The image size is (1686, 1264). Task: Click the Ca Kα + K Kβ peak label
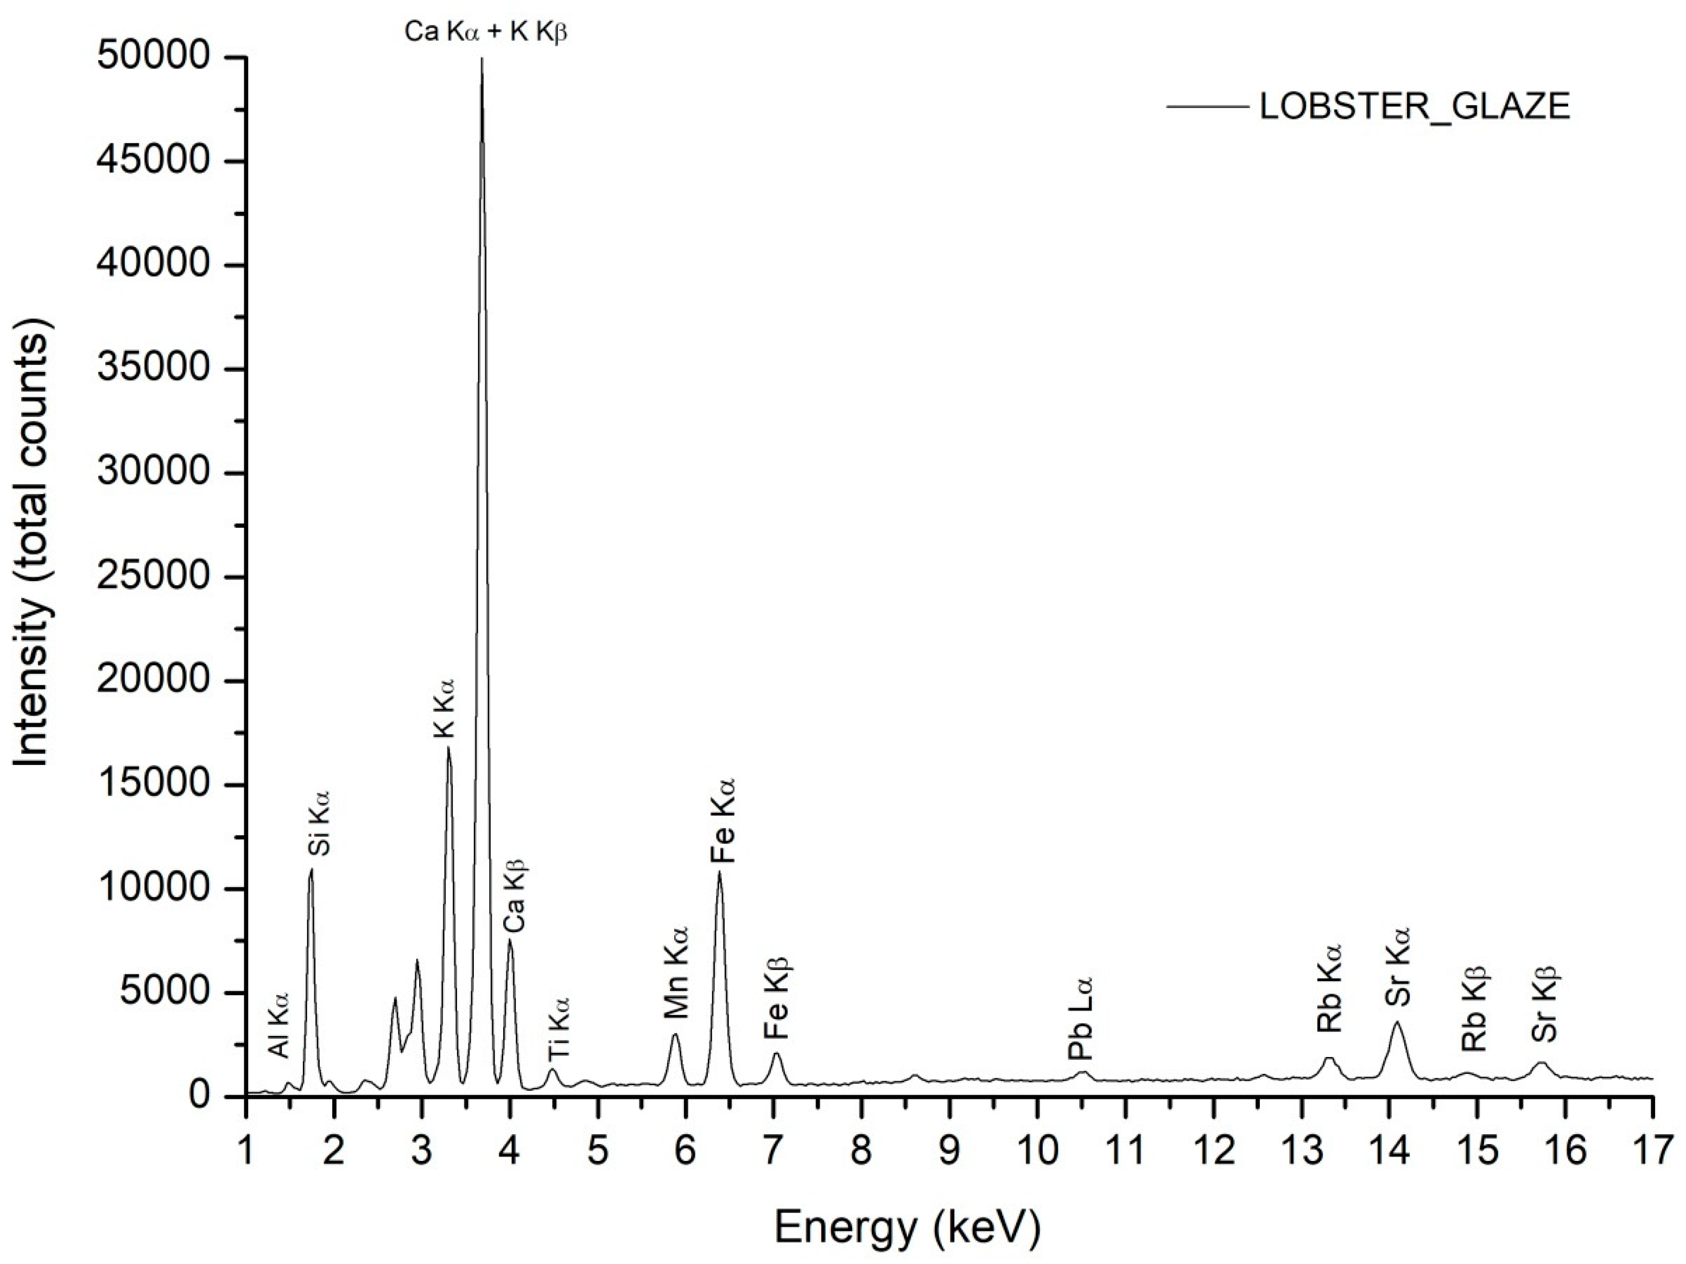[485, 33]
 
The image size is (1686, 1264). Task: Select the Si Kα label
[319, 823]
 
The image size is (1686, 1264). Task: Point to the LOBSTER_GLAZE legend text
[1415, 107]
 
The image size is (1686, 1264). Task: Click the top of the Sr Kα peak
[1397, 1023]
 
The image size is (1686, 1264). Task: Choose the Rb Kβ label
[1475, 1010]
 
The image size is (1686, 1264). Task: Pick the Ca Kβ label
[515, 896]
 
